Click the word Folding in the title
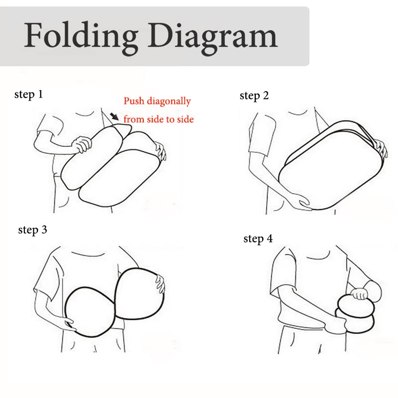81,37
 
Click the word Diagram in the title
213,37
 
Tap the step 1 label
28,95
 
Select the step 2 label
254,96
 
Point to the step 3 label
32,230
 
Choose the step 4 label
258,239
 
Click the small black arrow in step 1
114,116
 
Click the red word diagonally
169,101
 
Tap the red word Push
134,101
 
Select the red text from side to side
159,119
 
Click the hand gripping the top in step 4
359,294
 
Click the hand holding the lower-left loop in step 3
68,324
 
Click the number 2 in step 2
266,96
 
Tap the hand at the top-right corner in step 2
381,148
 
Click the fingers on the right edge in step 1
161,151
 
